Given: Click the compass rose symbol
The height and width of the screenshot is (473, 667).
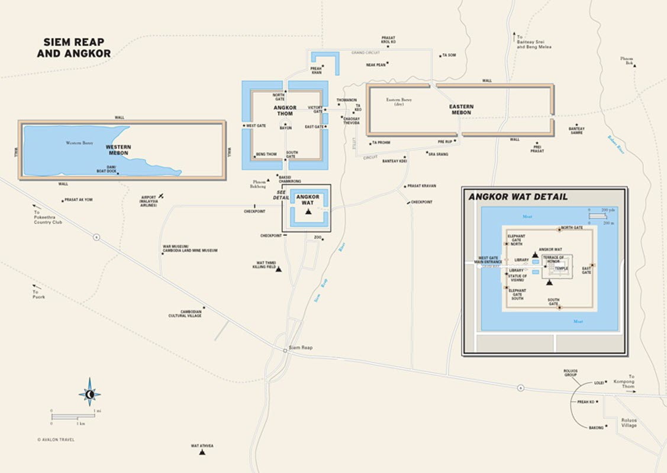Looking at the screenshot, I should pos(89,393).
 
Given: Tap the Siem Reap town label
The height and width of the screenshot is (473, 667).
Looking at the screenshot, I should pos(301,348).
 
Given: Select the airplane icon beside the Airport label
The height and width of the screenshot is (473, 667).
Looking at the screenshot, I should pos(162,196).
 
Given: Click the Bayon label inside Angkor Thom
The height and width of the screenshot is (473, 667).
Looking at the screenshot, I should pos(286,128).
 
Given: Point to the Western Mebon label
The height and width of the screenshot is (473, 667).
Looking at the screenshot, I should pos(118,150).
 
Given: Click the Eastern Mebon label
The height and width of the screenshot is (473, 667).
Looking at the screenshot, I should pos(461,109).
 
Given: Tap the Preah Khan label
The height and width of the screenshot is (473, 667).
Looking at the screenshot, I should pos(317,70).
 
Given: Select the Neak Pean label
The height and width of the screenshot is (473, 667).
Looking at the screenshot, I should pos(376,65).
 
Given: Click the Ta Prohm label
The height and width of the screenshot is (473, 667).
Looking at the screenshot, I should pos(381,142).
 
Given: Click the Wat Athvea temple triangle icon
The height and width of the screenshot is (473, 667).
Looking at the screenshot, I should pos(202,452).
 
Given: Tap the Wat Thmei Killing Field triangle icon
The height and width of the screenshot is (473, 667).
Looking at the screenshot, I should pos(279,269).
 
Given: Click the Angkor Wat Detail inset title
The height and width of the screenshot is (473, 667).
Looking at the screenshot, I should pos(518,197).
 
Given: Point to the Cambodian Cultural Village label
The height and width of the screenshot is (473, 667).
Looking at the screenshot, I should pos(185,313).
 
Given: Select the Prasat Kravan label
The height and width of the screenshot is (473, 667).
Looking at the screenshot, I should pos(421,186).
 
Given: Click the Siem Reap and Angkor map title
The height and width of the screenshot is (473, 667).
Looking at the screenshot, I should pos(74,48).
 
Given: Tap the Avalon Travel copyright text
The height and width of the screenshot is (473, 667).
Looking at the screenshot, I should pos(56,439).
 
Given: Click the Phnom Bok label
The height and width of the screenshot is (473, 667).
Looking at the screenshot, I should pos(627,60).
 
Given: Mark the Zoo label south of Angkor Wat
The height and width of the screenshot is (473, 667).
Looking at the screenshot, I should pos(318,238).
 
